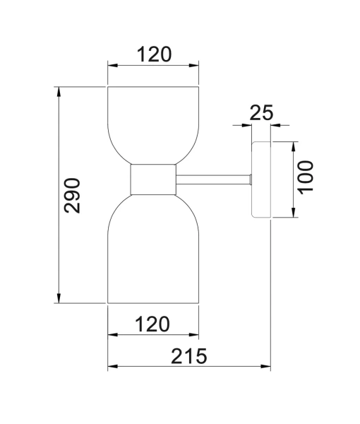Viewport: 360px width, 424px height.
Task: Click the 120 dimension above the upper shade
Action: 153,54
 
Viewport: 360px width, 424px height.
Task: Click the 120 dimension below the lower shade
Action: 153,324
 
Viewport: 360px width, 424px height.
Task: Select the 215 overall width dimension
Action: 188,357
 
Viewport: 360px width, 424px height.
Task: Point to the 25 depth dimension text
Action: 261,113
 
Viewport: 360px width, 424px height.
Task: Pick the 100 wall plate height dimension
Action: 306,179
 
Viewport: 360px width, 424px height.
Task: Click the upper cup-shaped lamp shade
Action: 153,124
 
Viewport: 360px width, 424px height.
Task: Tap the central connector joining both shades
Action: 153,179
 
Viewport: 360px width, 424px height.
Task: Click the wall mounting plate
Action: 261,179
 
